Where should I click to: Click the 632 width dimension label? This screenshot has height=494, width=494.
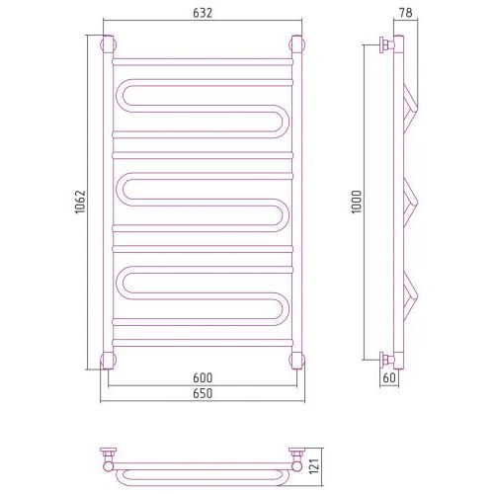203,13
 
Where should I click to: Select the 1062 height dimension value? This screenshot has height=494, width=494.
80,202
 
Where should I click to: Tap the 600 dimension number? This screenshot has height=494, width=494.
203,377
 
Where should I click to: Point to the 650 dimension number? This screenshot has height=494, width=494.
203,393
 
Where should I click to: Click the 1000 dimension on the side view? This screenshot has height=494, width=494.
357,202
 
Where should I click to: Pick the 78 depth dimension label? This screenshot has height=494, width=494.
405,13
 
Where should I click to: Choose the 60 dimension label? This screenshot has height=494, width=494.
389,377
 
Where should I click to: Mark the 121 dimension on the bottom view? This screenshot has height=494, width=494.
315,466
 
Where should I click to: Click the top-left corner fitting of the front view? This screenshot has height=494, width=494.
108,44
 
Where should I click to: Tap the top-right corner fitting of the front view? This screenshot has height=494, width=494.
296,44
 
